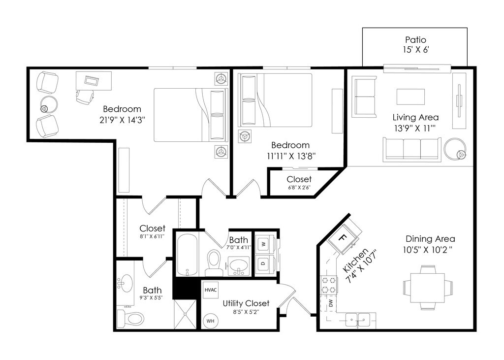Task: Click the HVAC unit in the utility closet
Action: (211, 290)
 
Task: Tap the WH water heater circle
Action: (210, 321)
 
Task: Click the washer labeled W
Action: (264, 244)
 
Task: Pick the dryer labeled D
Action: (264, 264)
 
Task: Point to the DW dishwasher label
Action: (331, 303)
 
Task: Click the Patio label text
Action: (415, 40)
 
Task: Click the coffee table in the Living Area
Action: (411, 97)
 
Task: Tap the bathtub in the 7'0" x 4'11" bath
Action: (188, 255)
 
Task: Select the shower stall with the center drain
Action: (185, 314)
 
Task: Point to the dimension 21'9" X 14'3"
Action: (123, 120)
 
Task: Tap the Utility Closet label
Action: (246, 303)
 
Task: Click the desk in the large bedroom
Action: (94, 81)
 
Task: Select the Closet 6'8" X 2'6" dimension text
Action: (299, 188)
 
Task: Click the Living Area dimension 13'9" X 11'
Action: (414, 129)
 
